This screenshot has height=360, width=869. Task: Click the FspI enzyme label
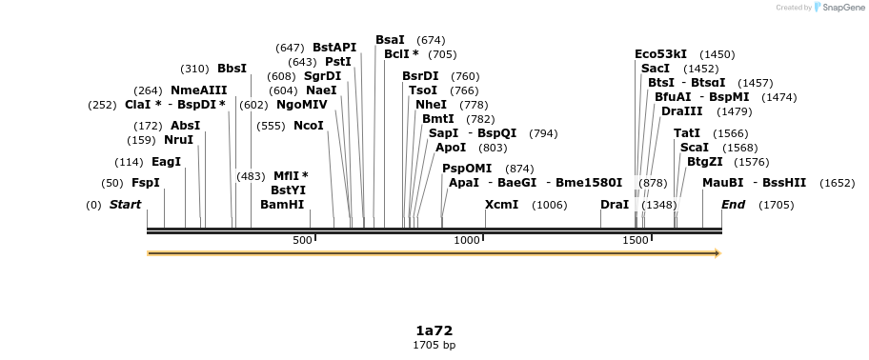point(146,183)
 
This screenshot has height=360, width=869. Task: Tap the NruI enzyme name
point(178,140)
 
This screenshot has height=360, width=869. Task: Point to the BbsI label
point(232,69)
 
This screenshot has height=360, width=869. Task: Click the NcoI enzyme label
point(309,126)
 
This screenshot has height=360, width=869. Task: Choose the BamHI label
point(282,205)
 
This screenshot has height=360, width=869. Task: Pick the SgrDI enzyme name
point(322,76)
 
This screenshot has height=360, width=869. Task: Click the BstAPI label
point(334,48)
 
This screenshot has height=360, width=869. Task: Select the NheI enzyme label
point(431,105)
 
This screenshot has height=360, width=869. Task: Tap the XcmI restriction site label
point(501,205)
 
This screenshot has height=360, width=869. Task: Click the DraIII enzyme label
point(681,111)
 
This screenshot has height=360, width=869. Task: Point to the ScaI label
point(694,148)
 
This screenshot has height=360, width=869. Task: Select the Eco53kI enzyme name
point(660,54)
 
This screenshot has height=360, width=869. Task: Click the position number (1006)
point(550,205)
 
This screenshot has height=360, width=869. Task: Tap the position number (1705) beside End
point(777,205)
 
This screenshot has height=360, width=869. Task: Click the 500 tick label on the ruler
point(302,240)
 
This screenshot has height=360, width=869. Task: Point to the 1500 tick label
point(636,240)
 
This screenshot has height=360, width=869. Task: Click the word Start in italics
point(125,205)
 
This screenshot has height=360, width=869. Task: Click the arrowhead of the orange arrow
point(717,253)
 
